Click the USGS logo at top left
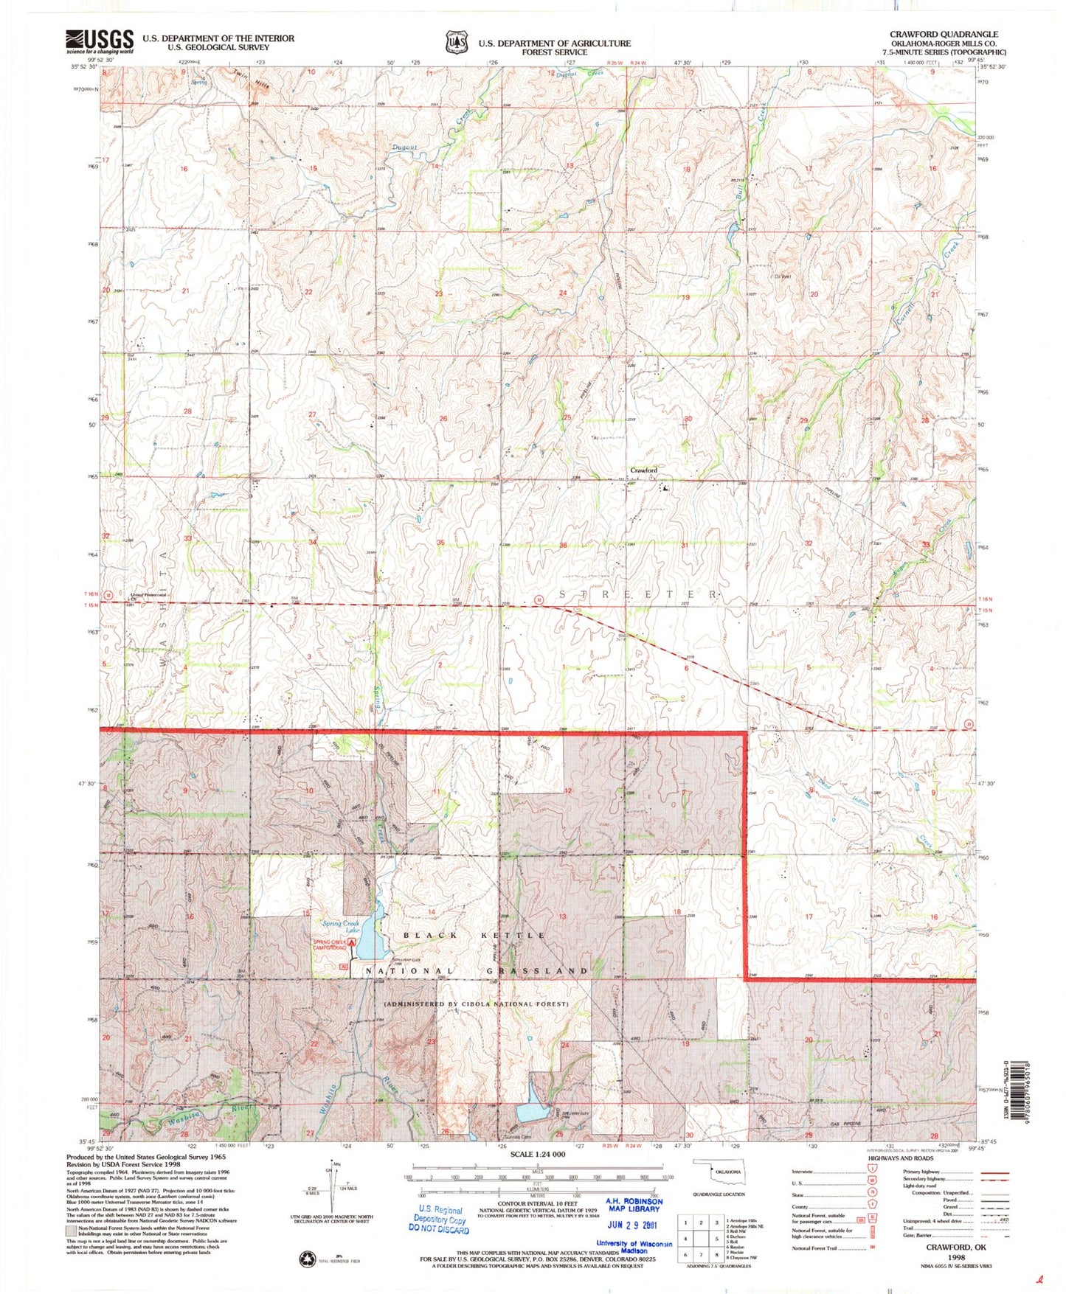pyautogui.click(x=100, y=41)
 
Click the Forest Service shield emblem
pyautogui.click(x=457, y=42)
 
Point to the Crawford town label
pyautogui.click(x=643, y=470)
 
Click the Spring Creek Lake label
pyautogui.click(x=340, y=927)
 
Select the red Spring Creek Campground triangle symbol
pyautogui.click(x=352, y=942)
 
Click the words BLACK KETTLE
pyautogui.click(x=474, y=935)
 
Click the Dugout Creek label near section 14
pyautogui.click(x=404, y=147)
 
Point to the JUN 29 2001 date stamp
pyautogui.click(x=633, y=1225)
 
